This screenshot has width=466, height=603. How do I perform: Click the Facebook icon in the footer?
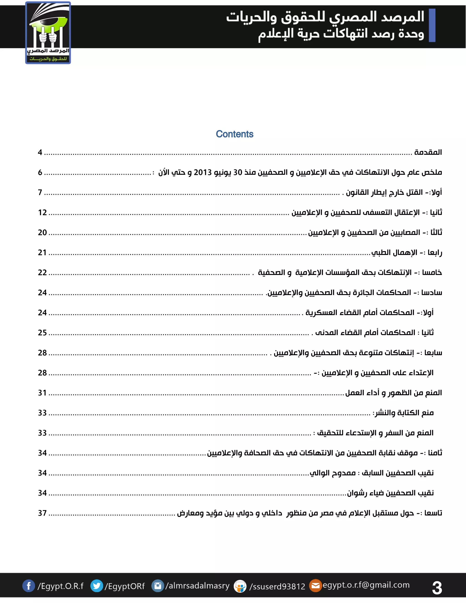pos(28,586)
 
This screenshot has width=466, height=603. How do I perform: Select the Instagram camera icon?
pos(158,586)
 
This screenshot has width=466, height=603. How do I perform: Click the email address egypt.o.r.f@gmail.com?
pos(366,585)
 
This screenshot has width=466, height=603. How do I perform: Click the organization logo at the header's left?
pos(48,33)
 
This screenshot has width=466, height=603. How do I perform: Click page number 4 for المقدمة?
pos(40,152)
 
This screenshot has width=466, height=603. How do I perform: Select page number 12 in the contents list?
pos(42,212)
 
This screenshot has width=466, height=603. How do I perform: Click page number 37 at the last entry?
pos(42,513)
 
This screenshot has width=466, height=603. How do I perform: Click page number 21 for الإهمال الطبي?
pos(42,252)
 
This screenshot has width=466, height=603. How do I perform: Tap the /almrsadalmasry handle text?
pos(197,586)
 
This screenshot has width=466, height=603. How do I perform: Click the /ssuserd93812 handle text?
pos(277,586)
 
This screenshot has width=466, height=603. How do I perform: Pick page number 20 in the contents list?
pos(42,233)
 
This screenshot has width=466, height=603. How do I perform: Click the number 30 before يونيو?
pos(238,172)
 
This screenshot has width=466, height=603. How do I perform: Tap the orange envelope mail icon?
pos(315,586)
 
